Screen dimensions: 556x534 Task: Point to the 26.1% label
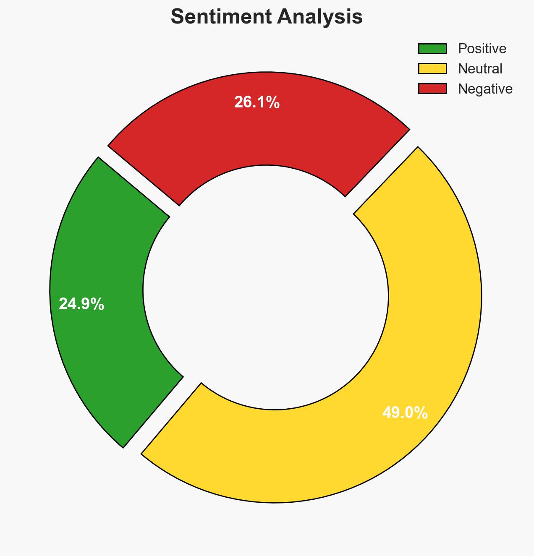coord(257,102)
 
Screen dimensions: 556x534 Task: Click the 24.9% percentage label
coord(81,304)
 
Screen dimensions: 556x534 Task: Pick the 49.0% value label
coord(405,413)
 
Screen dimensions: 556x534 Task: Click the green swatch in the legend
coord(432,49)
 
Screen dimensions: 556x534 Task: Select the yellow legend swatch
coord(432,68)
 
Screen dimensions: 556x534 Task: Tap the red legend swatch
coord(432,89)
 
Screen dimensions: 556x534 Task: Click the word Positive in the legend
coord(482,49)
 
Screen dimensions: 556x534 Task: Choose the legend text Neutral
coord(480,68)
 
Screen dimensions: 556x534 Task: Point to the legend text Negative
coord(485,89)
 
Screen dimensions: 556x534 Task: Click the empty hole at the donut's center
coord(267,290)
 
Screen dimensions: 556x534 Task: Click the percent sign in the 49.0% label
coord(422,413)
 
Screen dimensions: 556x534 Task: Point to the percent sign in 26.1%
coord(274,102)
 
